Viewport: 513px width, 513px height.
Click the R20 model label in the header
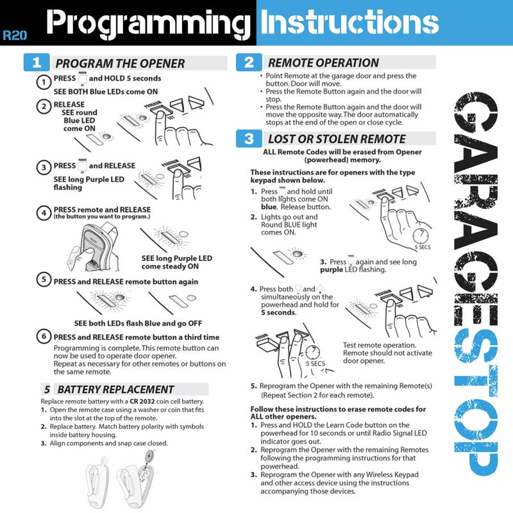[x=15, y=35]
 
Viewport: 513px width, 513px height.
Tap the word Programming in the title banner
[x=149, y=24]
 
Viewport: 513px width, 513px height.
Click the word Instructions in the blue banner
[x=349, y=22]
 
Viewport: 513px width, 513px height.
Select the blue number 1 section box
[x=37, y=62]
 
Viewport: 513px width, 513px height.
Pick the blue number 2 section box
[x=249, y=62]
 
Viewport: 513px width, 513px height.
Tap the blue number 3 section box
[x=249, y=139]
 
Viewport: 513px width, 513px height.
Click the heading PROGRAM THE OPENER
[x=120, y=63]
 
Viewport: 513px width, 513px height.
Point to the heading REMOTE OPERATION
[x=323, y=62]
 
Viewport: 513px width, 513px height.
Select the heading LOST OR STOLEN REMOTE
[x=337, y=139]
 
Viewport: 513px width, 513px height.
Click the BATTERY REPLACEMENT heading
[x=115, y=389]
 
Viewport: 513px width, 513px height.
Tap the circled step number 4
[x=44, y=213]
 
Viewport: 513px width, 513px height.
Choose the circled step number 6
[x=44, y=336]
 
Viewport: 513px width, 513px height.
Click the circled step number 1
[x=44, y=82]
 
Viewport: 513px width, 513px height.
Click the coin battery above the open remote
[x=149, y=455]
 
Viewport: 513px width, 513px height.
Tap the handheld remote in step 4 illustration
[x=96, y=247]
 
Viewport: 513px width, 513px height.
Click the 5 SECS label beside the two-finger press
[x=315, y=364]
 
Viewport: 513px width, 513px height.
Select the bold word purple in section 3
[x=332, y=270]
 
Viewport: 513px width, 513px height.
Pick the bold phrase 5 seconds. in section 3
[x=279, y=312]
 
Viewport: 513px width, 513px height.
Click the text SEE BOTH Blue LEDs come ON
[x=106, y=92]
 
